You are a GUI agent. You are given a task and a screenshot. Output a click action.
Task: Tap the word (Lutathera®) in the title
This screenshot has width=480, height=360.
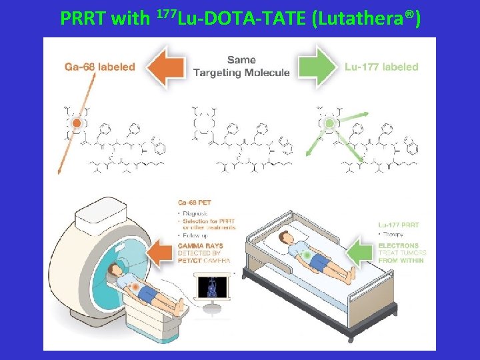tap(366, 18)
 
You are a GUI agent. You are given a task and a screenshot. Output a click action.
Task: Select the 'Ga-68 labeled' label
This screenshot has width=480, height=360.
tap(99, 67)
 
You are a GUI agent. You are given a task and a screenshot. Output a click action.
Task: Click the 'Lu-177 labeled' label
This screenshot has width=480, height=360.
tap(381, 67)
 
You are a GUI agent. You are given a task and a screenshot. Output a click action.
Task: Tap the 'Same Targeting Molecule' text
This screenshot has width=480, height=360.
tap(241, 67)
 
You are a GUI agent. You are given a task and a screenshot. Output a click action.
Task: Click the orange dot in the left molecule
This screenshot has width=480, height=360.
tap(77, 123)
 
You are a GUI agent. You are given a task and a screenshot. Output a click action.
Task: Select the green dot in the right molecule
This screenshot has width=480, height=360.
tap(329, 124)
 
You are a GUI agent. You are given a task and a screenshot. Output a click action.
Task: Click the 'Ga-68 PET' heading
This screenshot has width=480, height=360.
tap(195, 201)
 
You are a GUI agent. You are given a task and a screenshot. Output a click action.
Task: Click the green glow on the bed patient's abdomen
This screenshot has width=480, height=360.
tap(305, 255)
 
